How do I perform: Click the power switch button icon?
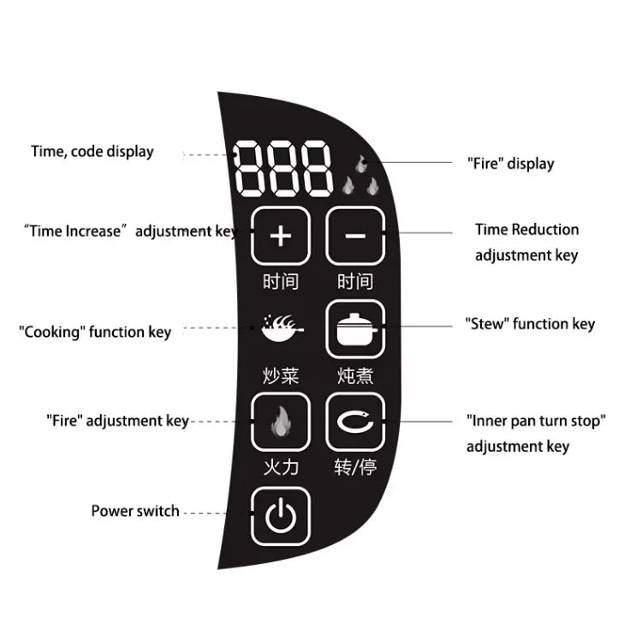(280, 516)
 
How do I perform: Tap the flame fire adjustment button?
(280, 422)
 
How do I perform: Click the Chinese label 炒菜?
(280, 375)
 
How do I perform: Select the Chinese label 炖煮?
(355, 375)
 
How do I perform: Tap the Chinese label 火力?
(280, 467)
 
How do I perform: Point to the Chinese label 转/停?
(355, 467)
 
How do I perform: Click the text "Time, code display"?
(92, 152)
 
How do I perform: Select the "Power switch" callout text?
(135, 511)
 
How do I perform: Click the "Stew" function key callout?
(530, 324)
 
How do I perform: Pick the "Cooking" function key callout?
(95, 332)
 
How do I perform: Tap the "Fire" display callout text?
(510, 163)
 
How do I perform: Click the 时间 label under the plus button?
(280, 281)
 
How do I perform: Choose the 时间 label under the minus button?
(355, 281)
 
